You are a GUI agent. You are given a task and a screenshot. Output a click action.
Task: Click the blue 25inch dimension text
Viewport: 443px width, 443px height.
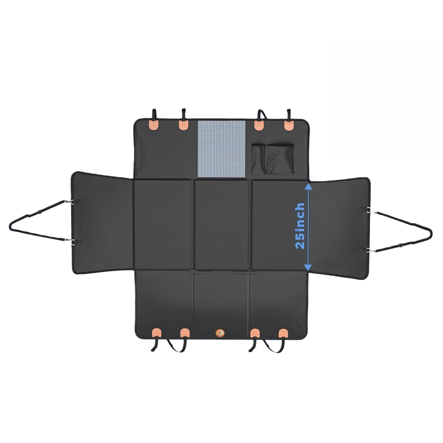[300, 226]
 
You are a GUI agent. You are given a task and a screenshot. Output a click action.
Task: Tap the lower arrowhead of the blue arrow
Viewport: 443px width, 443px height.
[308, 267]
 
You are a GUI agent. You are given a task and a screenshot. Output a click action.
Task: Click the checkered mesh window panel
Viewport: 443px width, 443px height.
[221, 149]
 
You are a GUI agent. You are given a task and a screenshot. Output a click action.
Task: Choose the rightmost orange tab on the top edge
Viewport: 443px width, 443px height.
[289, 125]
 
